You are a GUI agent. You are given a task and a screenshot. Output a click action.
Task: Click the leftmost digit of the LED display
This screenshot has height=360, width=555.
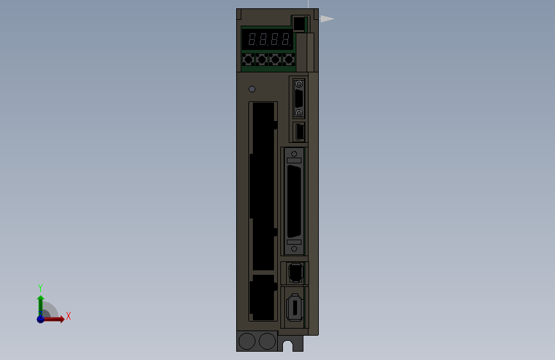click(252, 40)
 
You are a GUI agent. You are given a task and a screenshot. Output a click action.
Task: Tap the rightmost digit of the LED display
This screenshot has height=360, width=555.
click(285, 40)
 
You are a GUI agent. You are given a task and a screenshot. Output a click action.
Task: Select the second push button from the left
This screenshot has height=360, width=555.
click(261, 60)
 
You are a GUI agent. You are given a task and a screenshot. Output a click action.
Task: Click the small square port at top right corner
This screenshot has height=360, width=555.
click(298, 24)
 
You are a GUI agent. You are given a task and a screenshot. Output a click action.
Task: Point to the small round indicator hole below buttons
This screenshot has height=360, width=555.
click(252, 89)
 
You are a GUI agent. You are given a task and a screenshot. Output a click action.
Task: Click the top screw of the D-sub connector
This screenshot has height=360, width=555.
click(298, 83)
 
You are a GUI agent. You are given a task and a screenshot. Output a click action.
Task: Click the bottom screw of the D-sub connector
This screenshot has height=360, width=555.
click(298, 113)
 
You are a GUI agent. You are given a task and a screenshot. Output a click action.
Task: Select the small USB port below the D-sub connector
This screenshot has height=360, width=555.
click(298, 132)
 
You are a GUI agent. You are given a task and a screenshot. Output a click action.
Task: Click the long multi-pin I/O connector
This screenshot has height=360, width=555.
click(294, 200)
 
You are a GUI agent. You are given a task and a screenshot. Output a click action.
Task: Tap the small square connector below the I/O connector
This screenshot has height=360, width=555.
click(294, 273)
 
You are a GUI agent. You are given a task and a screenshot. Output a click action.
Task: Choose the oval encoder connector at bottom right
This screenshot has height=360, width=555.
click(294, 307)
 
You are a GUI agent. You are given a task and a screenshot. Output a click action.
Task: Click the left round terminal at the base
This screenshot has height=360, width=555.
click(246, 341)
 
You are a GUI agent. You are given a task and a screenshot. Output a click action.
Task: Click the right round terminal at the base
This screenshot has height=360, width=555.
click(267, 341)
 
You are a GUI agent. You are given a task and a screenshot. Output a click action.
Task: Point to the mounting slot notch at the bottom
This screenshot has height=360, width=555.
click(288, 346)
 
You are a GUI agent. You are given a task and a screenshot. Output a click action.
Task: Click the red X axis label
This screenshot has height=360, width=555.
click(68, 316)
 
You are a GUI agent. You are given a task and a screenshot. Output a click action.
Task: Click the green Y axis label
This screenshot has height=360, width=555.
click(40, 288)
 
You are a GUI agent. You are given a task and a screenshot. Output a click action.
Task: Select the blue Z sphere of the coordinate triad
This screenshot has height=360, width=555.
click(41, 318)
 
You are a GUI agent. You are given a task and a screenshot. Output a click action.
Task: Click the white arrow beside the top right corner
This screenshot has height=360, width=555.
click(326, 19)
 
